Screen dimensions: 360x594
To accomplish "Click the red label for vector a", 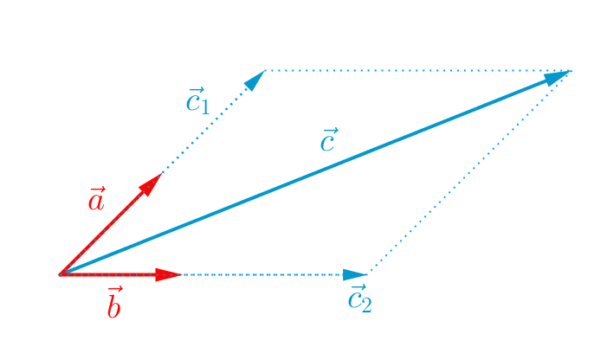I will (96, 201).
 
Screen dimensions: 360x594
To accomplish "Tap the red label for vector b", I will (113, 304).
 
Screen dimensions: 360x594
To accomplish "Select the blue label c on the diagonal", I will (327, 140).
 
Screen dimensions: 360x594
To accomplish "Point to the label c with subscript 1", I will (197, 100).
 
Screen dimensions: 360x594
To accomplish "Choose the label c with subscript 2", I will (359, 299).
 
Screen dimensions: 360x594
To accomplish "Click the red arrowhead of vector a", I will (152, 183).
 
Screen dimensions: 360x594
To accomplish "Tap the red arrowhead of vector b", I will (168, 275).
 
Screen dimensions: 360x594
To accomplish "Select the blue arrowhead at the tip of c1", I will (255, 80).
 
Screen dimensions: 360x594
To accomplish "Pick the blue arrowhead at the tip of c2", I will (356, 275).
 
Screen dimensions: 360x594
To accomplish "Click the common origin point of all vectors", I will (61, 274).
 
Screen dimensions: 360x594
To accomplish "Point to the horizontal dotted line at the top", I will (416, 70).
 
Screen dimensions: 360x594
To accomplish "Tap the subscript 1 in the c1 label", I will (204, 106).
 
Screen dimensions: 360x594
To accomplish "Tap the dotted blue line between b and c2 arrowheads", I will (260, 275).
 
